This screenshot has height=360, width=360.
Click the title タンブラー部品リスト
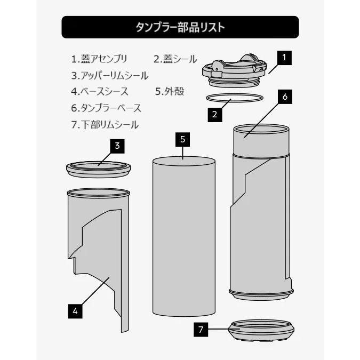[x=180, y=27]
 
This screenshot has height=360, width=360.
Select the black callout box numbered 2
[x=213, y=114]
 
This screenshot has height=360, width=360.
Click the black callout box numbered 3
[x=117, y=145]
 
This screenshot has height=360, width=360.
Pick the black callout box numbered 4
[x=76, y=310]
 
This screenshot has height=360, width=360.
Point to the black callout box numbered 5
[x=182, y=139]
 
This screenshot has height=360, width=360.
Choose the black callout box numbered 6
[x=285, y=97]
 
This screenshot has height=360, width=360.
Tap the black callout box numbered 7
[x=200, y=330]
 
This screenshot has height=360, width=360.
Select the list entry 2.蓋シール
[x=175, y=58]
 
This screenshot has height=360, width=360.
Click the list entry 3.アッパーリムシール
[x=109, y=75]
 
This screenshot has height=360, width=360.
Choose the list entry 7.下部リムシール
[x=105, y=125]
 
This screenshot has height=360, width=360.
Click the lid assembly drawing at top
[x=235, y=70]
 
